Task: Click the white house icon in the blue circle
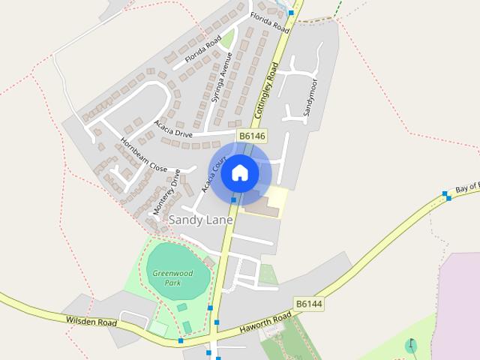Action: (240, 173)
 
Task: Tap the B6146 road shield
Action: (251, 135)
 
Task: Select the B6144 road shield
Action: (308, 304)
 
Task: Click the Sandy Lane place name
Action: (200, 220)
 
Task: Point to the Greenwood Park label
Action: (172, 277)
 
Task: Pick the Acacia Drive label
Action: (173, 129)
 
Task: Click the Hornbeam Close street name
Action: (144, 155)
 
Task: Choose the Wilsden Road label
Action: (91, 322)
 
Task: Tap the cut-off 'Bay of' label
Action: (466, 188)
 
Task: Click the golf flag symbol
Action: (411, 346)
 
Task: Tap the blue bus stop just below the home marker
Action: (234, 200)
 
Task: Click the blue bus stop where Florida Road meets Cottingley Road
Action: (291, 13)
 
